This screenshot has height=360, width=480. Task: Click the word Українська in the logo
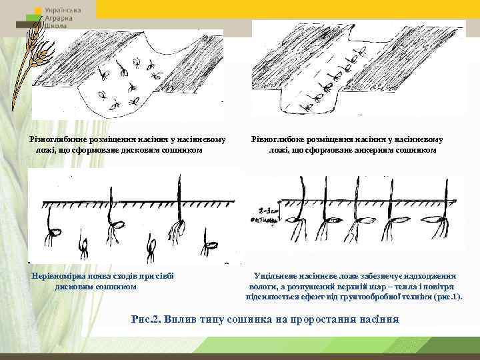click(64, 11)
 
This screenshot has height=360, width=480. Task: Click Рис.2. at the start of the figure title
click(147, 318)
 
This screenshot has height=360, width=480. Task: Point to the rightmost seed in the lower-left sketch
click(211, 237)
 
